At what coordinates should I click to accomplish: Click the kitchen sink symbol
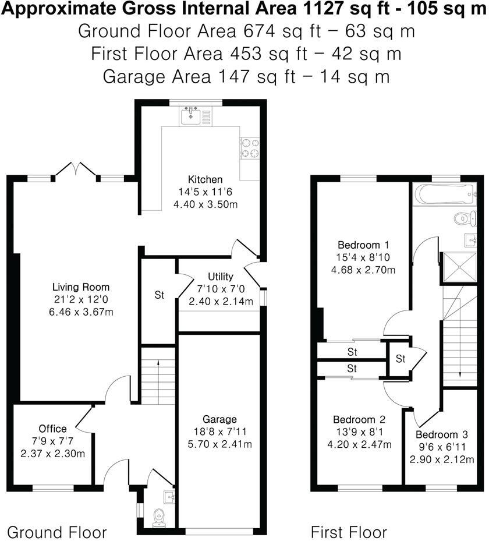[x=190, y=116]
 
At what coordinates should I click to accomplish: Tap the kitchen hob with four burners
[x=250, y=148]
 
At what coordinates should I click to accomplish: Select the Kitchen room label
[x=204, y=179]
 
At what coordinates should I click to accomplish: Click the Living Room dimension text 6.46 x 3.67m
[x=81, y=312]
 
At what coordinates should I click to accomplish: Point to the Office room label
[x=52, y=429]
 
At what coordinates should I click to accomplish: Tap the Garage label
[x=219, y=419]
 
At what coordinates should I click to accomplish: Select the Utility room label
[x=220, y=277]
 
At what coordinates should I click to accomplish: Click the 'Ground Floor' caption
[x=57, y=532]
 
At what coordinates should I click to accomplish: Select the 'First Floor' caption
[x=349, y=532]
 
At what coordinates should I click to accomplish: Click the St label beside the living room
[x=159, y=295]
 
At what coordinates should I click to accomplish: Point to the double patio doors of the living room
[x=76, y=170]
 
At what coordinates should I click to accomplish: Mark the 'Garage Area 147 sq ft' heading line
[x=245, y=76]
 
